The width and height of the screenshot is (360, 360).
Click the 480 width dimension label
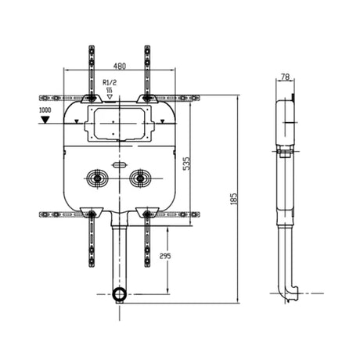tap(119, 66)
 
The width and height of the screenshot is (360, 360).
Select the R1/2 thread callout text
tap(110, 81)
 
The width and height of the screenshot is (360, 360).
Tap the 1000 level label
tap(46, 111)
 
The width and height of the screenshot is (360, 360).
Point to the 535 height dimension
tap(185, 163)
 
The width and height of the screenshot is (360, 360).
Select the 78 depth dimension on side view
tap(286, 77)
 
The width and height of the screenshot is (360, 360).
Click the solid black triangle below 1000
tap(46, 121)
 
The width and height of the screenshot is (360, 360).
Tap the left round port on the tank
tap(97, 178)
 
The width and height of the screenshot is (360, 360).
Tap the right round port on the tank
tap(139, 178)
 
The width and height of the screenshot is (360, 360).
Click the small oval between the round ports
tap(118, 165)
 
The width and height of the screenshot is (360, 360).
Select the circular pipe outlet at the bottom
tap(118, 294)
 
